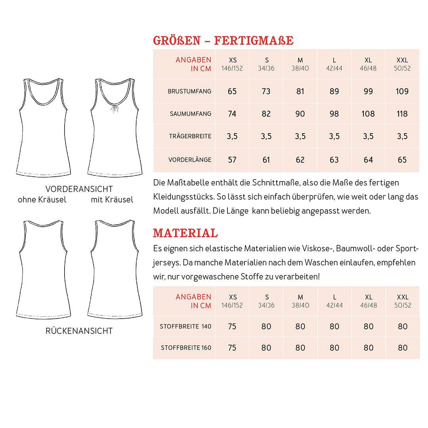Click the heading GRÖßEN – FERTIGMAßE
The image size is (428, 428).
[223, 40]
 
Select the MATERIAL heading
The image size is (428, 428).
[185, 233]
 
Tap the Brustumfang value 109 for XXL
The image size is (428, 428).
[402, 92]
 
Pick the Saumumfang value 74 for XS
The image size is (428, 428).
[232, 114]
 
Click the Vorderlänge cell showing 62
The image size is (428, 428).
[300, 160]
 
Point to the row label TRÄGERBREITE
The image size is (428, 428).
[190, 136]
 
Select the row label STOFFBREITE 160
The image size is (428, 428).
[186, 348]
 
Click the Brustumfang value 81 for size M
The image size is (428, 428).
[300, 92]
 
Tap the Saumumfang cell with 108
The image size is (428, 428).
[368, 114]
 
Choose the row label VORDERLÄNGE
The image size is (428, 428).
[190, 160]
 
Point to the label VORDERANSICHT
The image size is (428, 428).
[79, 189]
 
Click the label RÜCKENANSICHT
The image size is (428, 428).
[79, 331]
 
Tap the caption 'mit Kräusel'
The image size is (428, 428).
[112, 200]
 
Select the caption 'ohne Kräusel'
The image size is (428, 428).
[42, 200]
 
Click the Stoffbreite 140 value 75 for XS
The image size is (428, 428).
[232, 327]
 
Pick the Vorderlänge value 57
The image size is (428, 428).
[232, 160]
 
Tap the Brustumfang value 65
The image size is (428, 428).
[232, 92]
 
